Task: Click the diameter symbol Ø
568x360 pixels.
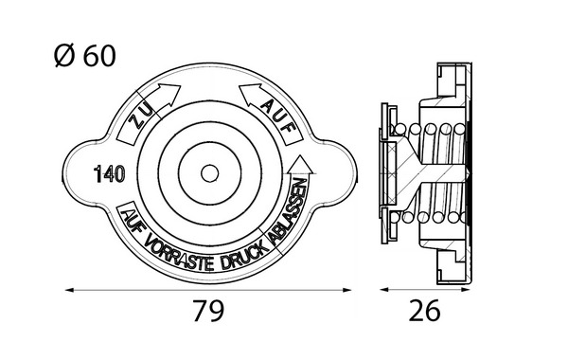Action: coord(63,56)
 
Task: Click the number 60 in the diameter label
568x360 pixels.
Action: coord(99,56)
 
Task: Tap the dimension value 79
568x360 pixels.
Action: coord(208,311)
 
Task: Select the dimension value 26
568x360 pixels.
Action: coord(424,311)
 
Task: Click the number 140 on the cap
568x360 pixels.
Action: coord(110,174)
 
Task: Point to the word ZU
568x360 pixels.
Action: coord(139,117)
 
